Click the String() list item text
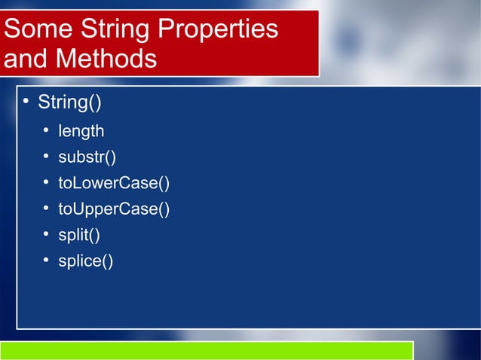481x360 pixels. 70,102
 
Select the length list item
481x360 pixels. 81,132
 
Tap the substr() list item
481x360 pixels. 87,157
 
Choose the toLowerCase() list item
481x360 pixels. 115,183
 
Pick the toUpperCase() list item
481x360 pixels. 115,209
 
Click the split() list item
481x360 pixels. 79,235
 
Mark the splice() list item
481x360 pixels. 86,261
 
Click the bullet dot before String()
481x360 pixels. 25,102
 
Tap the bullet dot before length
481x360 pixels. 46,132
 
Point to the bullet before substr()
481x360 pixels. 46,157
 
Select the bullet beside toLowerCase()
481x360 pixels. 46,183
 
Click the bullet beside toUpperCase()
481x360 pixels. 46,209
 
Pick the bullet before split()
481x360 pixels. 46,235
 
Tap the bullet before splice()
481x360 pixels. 46,261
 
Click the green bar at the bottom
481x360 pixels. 207,350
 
